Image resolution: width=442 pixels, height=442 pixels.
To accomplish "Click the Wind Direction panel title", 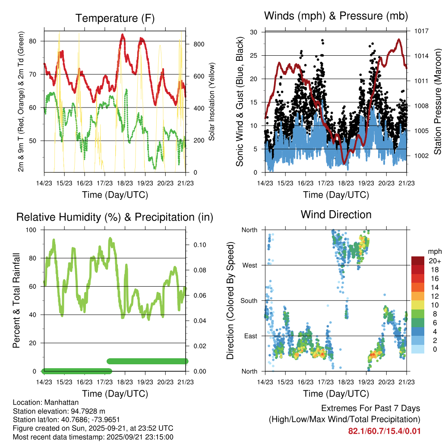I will point(336,215).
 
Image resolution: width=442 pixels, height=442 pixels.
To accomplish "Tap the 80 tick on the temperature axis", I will point(37,41).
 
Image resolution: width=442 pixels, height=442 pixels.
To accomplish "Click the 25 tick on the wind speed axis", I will point(254,56).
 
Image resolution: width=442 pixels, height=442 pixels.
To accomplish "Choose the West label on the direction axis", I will point(250,265).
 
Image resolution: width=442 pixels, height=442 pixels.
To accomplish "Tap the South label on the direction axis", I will point(249,300).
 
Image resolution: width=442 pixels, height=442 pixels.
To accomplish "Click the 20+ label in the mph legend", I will point(434,261).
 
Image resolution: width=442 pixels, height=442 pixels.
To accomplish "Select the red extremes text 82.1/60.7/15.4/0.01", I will point(384,431).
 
